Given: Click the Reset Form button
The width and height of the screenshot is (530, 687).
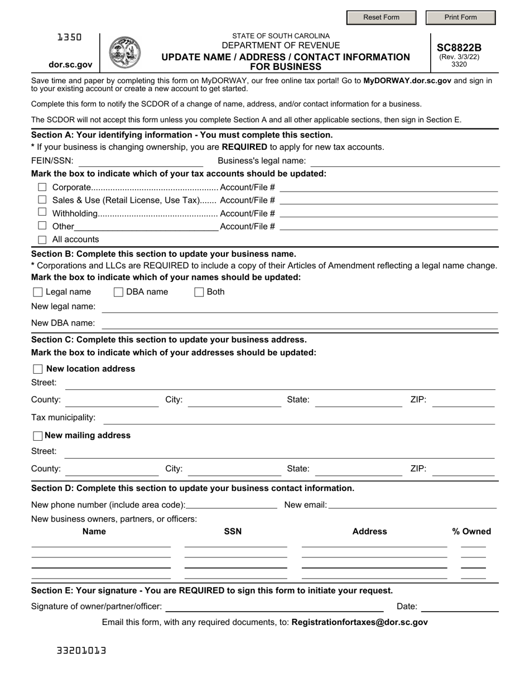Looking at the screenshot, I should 381,17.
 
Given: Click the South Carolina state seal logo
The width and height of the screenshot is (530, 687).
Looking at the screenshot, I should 124,53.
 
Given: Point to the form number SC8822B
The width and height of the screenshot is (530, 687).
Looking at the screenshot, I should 459,48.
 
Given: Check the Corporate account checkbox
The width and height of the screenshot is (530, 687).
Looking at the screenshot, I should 42,188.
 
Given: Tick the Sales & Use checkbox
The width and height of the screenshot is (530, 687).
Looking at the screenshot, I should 42,200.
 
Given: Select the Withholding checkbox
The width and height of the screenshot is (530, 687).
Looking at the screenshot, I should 42,212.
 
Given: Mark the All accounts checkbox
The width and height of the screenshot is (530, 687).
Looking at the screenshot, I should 42,240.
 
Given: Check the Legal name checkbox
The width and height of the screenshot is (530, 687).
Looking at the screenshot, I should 38,292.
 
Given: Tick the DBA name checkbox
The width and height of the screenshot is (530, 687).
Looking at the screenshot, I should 118,292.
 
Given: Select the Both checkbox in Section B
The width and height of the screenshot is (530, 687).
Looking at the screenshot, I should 199,292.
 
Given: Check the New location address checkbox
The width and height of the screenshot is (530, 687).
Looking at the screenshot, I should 38,369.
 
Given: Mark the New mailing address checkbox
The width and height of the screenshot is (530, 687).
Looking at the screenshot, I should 38,436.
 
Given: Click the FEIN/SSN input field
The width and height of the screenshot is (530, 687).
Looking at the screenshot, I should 141,161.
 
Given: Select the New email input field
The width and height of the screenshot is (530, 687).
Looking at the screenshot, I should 413,505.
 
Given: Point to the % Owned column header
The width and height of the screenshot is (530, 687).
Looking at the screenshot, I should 471,532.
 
